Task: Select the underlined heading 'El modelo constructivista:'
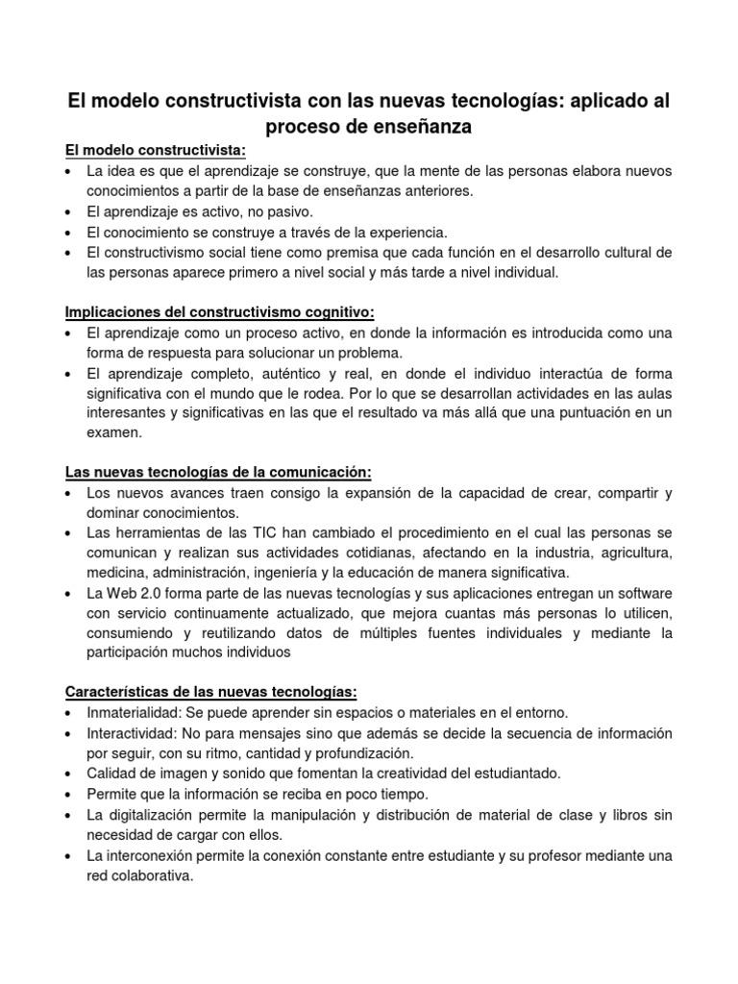(156, 151)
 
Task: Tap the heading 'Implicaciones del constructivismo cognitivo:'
(219, 312)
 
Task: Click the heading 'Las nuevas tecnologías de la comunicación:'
(217, 473)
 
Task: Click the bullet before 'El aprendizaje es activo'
(71, 212)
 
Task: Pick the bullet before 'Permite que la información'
(71, 795)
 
